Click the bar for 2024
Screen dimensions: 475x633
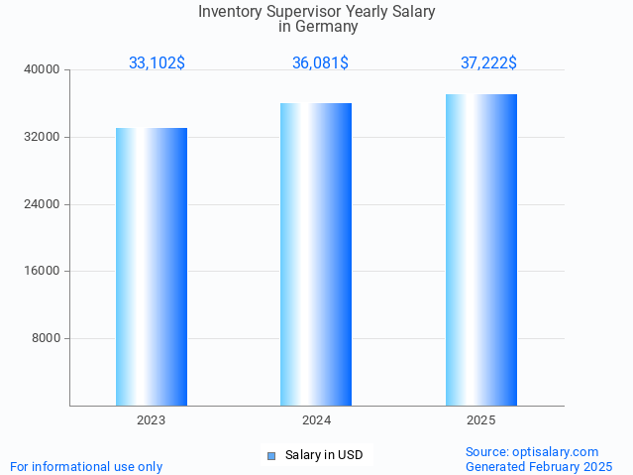[x=316, y=254]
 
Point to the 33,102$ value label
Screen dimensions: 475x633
[x=157, y=62]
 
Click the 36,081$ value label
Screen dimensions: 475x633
[x=320, y=62]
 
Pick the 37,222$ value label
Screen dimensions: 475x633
[x=488, y=62]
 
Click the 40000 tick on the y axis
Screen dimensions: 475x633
[x=42, y=69]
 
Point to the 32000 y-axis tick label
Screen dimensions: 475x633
[x=42, y=137]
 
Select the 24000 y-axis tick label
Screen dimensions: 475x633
[x=42, y=204]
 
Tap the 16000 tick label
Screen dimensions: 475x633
[x=42, y=271]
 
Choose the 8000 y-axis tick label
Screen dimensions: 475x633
[x=46, y=338]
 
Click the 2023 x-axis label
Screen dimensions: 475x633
[x=152, y=420]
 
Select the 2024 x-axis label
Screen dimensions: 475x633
[x=316, y=420]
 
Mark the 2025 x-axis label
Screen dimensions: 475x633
[x=481, y=420]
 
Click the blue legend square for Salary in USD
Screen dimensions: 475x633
[x=271, y=456]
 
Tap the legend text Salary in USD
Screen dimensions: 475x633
[x=324, y=455]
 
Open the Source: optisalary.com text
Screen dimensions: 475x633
[x=532, y=451]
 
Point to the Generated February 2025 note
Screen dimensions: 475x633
[x=539, y=466]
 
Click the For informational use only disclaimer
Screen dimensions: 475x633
[x=86, y=466]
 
